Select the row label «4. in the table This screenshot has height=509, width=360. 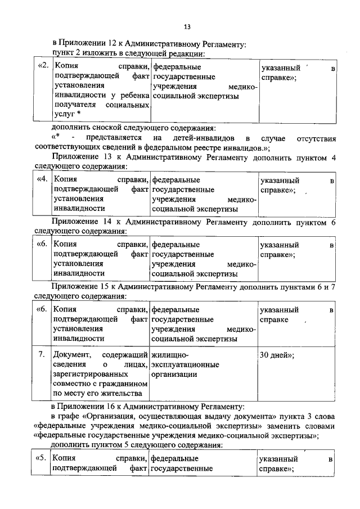[42, 180]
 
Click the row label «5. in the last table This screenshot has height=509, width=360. [40, 460]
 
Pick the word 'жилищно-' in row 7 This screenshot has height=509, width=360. [169, 355]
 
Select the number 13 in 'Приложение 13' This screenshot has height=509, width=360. [104, 157]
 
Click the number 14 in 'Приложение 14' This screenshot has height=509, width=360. [104, 222]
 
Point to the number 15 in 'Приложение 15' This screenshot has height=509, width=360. [104, 287]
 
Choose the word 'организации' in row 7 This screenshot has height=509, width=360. [174, 375]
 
